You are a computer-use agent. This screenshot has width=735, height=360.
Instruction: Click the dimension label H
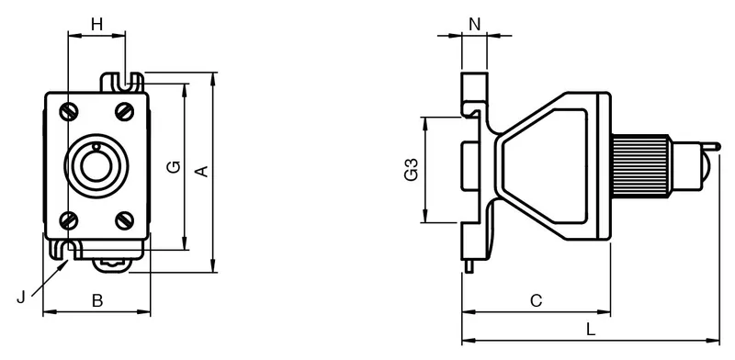coord(96,24)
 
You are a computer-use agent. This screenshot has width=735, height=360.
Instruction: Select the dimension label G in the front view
coord(174,167)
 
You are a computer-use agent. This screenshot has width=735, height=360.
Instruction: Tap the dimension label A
coord(201,172)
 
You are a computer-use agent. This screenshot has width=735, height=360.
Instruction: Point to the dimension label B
coord(97,300)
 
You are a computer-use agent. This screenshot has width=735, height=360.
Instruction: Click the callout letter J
coord(20,298)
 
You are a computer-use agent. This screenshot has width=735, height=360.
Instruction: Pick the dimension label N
coord(475,24)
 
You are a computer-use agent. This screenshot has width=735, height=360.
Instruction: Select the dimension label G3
coord(411,170)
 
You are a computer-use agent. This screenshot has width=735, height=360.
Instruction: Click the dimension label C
coord(536,300)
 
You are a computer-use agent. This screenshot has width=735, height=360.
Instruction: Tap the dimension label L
coord(591,330)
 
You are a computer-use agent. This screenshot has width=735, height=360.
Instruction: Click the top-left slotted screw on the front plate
coord(69,111)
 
